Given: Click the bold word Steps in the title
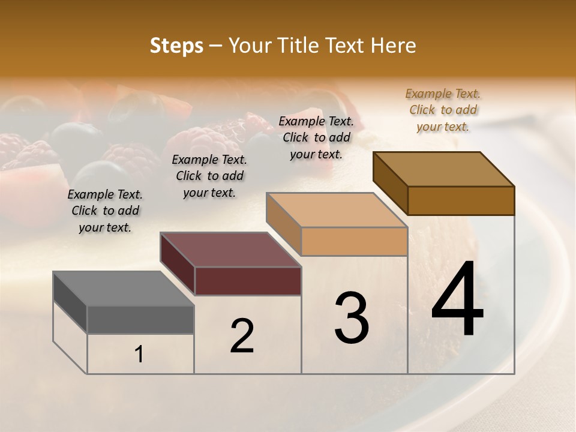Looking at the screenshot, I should (x=176, y=46).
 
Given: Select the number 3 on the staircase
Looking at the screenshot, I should (x=351, y=318).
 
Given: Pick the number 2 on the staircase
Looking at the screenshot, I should (x=242, y=336).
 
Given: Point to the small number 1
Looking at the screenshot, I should (x=139, y=354).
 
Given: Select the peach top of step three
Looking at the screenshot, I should (x=336, y=210).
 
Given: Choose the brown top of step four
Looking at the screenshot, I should (x=443, y=169).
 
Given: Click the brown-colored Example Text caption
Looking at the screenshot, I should (x=443, y=110).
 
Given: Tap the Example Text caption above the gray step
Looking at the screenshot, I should (x=105, y=211).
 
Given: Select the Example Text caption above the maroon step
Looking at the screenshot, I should (x=209, y=176).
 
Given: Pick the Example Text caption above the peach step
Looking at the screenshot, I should (x=316, y=137).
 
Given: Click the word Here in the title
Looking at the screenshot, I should (x=394, y=46).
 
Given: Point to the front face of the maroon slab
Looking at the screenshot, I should (x=248, y=281).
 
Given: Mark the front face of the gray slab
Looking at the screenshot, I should (x=140, y=319).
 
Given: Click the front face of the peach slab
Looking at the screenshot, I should (x=354, y=241).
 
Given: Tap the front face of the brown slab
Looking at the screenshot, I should (x=461, y=200).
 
